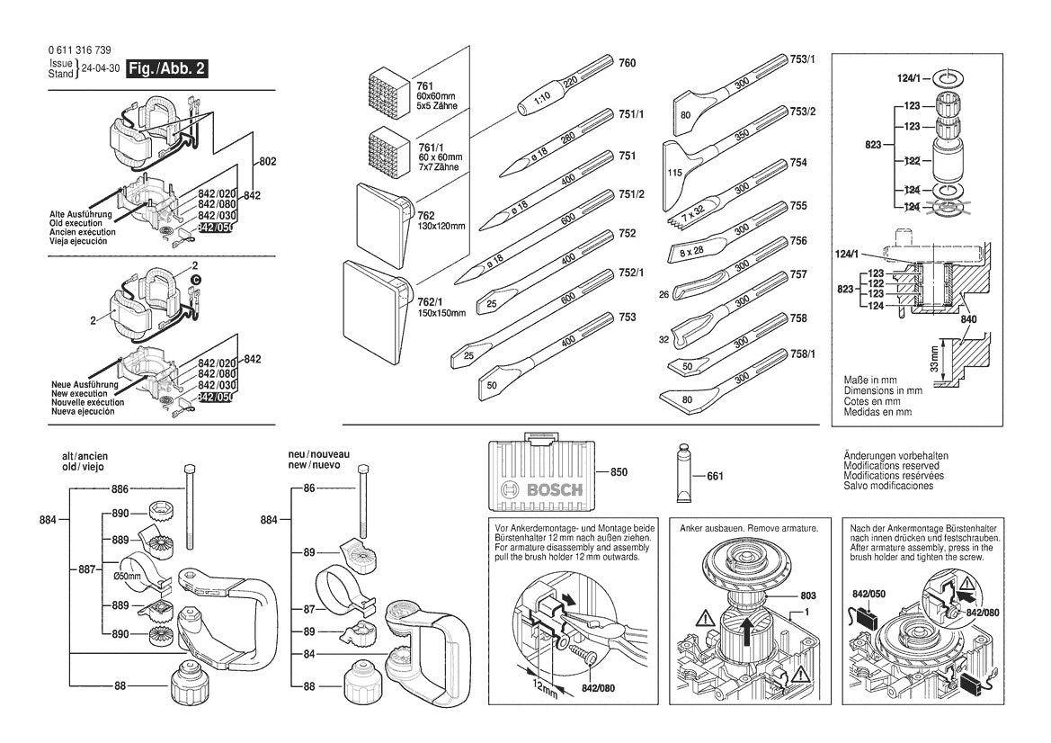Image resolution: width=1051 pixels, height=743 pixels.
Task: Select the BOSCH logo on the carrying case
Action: [542, 490]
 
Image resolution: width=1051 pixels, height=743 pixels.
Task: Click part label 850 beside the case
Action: [619, 471]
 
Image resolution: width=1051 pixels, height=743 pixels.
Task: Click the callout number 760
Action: [628, 63]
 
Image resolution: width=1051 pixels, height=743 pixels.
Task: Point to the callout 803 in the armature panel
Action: [785, 595]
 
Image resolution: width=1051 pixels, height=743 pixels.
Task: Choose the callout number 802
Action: [267, 162]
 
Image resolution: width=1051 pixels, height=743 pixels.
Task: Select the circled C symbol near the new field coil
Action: [193, 281]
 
